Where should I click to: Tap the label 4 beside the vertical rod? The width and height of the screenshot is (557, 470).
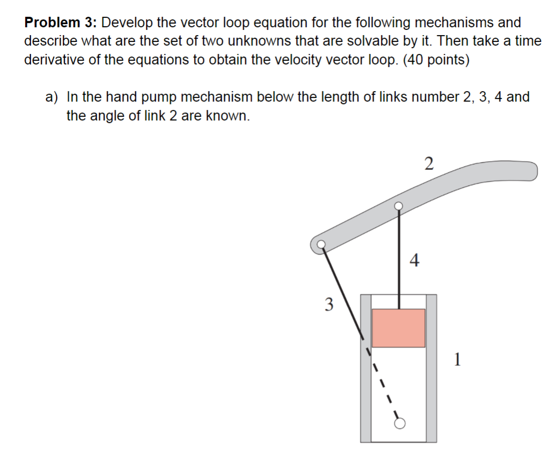click(x=415, y=260)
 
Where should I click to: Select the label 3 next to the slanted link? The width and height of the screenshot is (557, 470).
click(x=328, y=304)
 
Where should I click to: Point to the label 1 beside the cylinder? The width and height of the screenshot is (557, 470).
click(x=458, y=359)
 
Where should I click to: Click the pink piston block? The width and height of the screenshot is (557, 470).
click(x=399, y=328)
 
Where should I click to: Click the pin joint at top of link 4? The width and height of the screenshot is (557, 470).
click(x=399, y=206)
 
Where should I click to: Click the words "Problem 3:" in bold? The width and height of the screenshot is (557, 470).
click(x=60, y=23)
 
